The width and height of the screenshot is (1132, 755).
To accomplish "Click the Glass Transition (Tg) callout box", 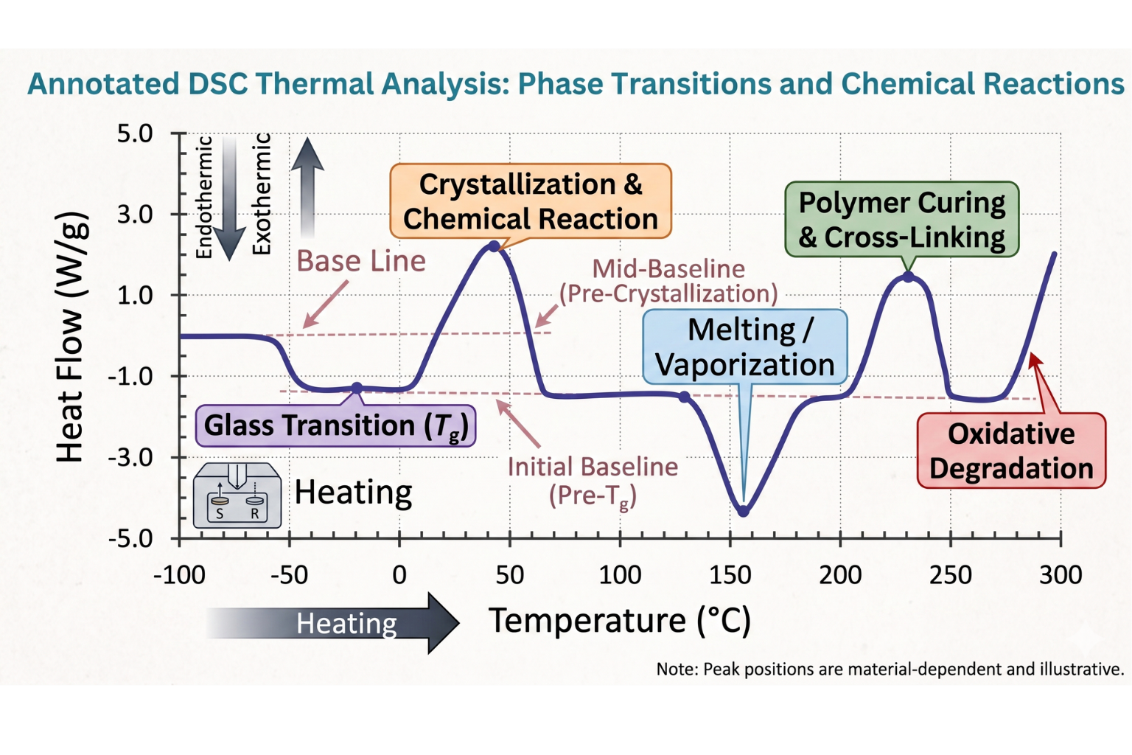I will (335, 425).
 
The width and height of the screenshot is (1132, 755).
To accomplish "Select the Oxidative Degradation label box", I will (1010, 451).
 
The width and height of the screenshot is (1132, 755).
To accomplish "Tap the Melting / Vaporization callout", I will (744, 347).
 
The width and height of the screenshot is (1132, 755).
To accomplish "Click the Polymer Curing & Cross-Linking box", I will (901, 220).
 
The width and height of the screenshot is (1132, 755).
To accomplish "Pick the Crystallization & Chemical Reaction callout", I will (530, 201).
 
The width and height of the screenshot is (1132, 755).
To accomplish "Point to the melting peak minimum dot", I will (743, 511).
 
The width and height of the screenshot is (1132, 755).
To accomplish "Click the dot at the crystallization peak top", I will (494, 246).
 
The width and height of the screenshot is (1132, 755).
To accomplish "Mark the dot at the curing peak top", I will (908, 277).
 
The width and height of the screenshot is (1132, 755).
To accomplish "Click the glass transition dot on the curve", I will (357, 388).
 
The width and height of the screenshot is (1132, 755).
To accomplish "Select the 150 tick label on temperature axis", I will (730, 574).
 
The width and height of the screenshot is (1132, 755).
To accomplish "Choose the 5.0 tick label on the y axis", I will (135, 134).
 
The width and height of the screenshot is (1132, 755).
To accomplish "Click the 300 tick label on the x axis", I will (1060, 574).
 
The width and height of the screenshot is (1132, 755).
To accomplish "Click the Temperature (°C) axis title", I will (620, 621).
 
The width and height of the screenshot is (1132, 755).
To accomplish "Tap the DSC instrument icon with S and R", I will (237, 495).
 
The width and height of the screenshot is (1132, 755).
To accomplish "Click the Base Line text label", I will (360, 261).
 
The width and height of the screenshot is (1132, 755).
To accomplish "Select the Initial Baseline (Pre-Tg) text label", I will (592, 481).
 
